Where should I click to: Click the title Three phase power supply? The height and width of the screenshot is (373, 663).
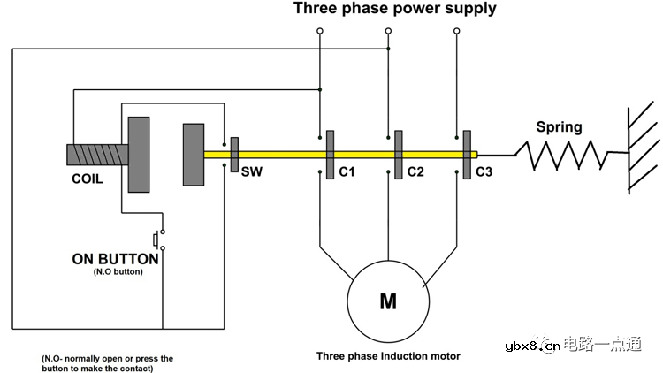click(x=394, y=10)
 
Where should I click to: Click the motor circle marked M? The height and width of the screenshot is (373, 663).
click(x=388, y=301)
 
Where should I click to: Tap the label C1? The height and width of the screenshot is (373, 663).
click(x=347, y=172)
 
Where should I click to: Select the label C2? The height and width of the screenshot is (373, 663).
click(x=415, y=172)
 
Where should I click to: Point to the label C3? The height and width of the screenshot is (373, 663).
click(x=484, y=172)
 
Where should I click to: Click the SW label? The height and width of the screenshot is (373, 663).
click(x=251, y=172)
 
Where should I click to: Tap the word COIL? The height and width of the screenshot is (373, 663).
click(x=88, y=179)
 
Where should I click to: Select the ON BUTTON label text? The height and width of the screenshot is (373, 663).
click(x=116, y=260)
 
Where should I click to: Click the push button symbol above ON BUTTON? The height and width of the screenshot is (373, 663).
click(x=157, y=240)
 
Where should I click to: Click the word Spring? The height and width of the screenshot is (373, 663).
click(x=560, y=127)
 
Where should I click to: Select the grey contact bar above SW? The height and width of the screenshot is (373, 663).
click(x=234, y=154)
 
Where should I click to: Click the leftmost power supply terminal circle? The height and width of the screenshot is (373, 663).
click(x=319, y=31)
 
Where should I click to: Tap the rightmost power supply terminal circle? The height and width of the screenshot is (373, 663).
click(x=457, y=31)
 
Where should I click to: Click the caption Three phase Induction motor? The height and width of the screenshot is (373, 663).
click(x=388, y=356)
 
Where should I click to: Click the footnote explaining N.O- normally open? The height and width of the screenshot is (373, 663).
click(x=107, y=363)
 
